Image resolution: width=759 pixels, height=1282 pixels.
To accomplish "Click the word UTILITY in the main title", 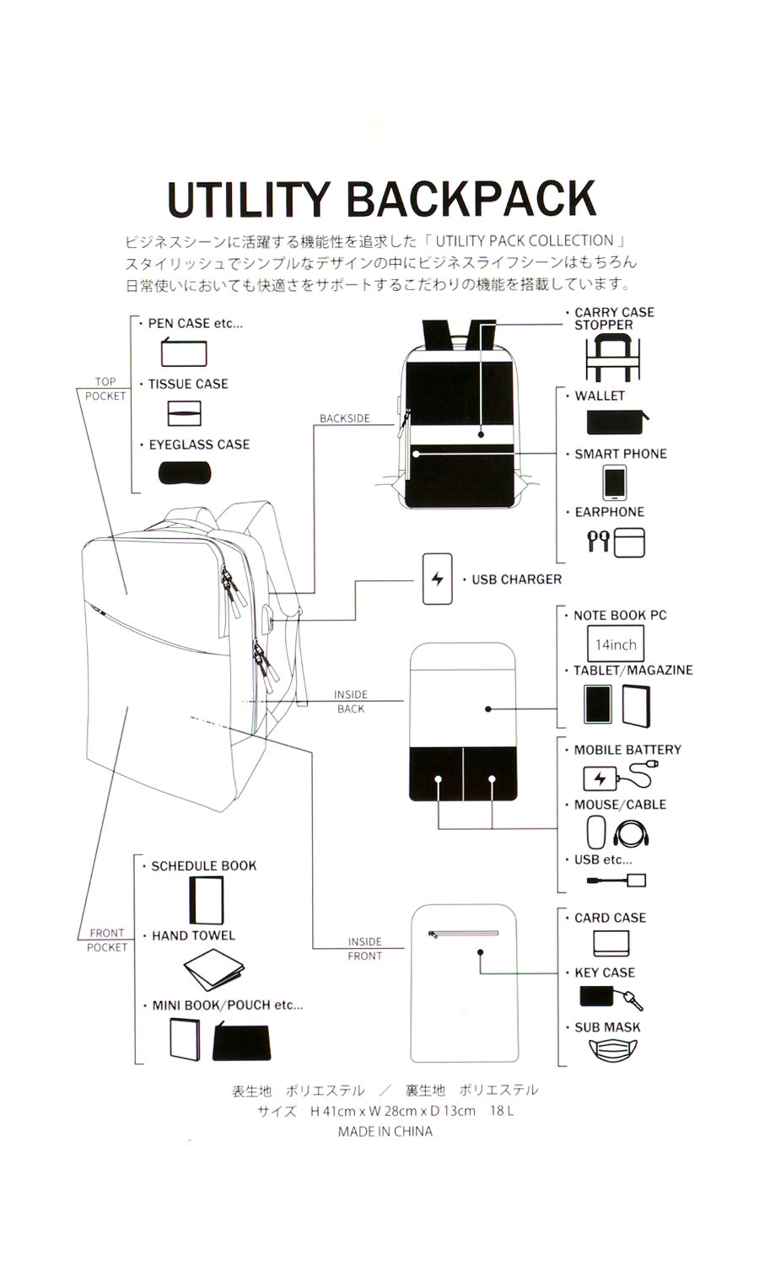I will [250, 200].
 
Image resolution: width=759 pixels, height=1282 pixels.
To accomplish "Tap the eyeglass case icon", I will [184, 473].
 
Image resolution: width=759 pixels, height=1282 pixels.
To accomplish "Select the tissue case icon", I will [184, 413].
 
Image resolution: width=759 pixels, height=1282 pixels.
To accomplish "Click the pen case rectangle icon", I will [183, 353].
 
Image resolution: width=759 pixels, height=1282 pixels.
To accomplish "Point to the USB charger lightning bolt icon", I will [437, 579].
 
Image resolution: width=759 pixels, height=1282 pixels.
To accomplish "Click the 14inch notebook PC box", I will [616, 644].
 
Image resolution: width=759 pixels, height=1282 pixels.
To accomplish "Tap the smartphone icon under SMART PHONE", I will [614, 482].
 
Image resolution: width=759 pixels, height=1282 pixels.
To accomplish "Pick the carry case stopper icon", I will [613, 358].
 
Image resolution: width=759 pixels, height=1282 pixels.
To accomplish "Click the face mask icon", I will [612, 1050].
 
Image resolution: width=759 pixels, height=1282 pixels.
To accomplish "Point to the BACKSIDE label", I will [344, 418].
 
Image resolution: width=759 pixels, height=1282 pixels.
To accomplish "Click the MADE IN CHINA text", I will [385, 1132].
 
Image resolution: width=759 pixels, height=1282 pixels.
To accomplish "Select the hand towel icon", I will [213, 970].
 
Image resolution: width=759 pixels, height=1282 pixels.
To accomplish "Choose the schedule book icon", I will [207, 901].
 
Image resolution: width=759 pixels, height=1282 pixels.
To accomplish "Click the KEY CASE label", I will [605, 972].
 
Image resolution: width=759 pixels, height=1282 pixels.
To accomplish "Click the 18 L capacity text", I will [502, 1111].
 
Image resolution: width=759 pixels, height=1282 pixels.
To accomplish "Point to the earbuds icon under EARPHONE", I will [598, 541].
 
